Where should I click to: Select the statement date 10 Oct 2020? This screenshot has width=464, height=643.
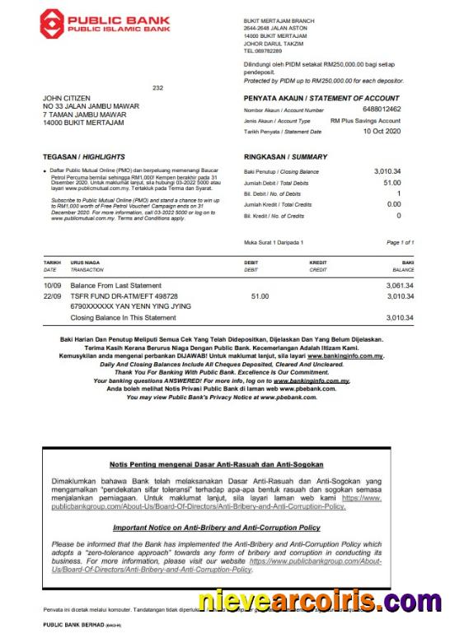tap(383, 132)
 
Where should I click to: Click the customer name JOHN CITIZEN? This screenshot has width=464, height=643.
tap(68, 98)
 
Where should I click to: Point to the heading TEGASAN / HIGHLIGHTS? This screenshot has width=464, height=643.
tap(73, 156)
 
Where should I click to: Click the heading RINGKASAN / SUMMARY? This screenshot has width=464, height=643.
tap(285, 156)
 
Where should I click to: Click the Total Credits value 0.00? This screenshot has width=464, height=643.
tap(394, 204)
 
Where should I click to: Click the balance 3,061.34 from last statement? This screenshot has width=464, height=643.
tap(399, 285)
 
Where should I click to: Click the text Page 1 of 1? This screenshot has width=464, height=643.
tap(400, 243)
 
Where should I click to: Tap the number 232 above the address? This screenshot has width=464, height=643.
tap(158, 88)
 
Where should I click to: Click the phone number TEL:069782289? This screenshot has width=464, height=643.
tap(267, 50)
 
